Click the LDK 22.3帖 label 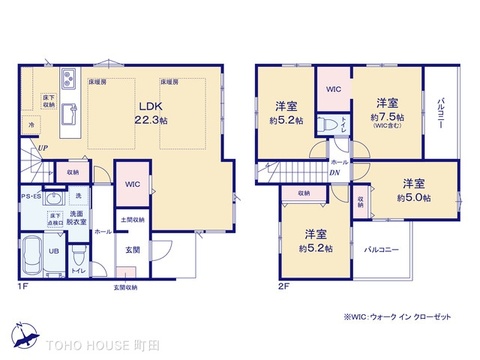point(147,113)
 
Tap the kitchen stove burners point(67,81)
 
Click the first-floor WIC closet point(132,184)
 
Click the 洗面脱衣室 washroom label point(76,218)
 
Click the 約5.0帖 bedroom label point(413,190)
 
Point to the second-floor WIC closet point(332,87)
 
